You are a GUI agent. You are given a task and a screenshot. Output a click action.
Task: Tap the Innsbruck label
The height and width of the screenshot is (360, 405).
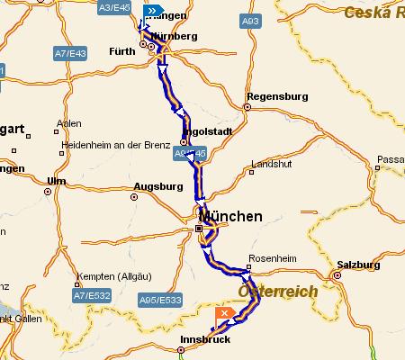206,339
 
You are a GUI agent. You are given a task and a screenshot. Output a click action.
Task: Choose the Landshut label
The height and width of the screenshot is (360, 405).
271,165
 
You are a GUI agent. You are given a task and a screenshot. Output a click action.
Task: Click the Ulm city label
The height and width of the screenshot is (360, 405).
58,181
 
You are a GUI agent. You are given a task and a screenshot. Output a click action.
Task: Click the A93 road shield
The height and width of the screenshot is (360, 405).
252,20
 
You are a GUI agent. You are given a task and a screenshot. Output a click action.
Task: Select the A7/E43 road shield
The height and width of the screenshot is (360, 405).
69,55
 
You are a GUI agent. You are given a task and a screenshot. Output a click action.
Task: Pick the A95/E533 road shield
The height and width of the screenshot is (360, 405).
161,299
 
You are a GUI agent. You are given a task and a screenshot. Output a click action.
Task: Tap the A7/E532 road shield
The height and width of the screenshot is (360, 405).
91,294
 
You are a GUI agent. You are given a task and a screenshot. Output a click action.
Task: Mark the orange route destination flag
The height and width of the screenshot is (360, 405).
225,312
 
